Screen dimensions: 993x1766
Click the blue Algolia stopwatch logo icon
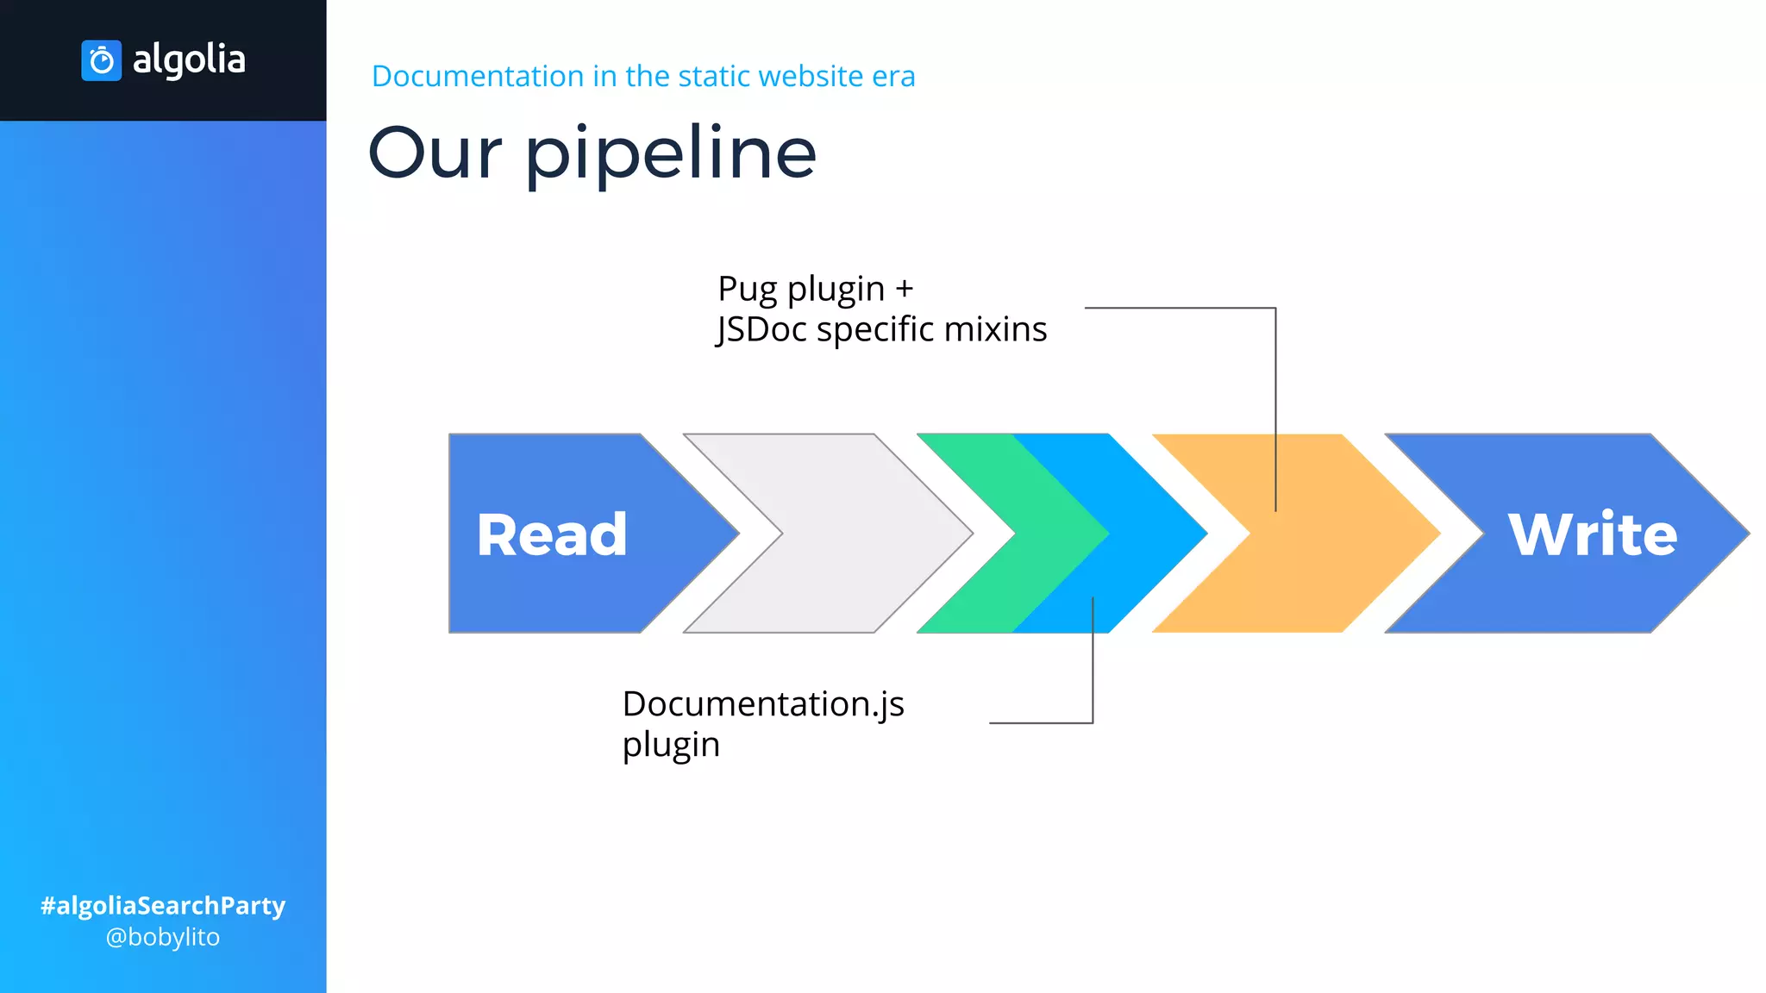101,60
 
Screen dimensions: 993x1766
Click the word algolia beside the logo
189,59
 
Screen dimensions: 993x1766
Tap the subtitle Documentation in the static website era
642,76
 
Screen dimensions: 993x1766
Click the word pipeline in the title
670,153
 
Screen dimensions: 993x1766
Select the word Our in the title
435,153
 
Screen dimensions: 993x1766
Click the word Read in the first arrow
552,534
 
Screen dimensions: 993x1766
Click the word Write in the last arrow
1592,534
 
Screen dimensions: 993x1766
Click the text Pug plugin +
815,289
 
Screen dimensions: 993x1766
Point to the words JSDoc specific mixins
881,329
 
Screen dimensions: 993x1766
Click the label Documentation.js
763,704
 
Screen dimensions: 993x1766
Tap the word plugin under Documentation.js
671,745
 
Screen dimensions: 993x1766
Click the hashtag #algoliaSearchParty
163,905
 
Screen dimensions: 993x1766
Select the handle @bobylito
163,937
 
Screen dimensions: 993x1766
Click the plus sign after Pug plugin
904,290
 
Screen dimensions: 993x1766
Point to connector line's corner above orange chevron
1275,308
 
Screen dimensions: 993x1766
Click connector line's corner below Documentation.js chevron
1093,722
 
